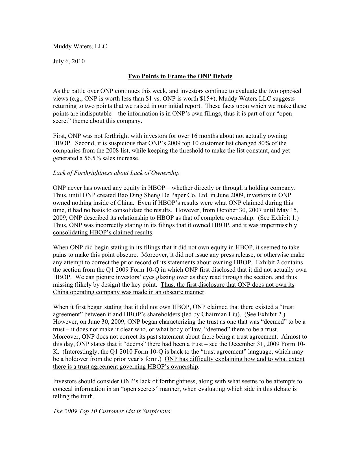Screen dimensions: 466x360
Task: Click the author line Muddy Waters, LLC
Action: point(80,46)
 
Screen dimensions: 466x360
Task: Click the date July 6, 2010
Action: point(69,61)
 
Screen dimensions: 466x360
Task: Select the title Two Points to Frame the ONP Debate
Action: point(180,76)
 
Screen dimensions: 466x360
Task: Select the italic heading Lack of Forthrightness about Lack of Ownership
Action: point(116,173)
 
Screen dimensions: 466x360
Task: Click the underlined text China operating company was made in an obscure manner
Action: point(128,292)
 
